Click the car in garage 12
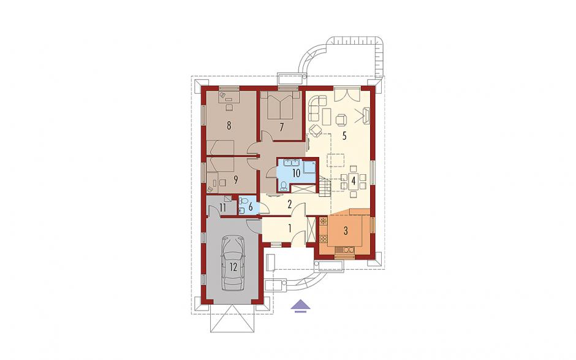(233, 263)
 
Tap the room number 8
(229, 126)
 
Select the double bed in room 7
(281, 105)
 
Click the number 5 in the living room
(344, 136)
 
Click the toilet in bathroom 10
(283, 186)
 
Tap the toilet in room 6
(243, 201)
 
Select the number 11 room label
(222, 208)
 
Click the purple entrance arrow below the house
(300, 306)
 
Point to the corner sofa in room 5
(316, 107)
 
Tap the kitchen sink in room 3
(347, 250)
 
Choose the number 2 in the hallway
(289, 204)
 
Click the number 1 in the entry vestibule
(289, 229)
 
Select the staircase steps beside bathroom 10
(325, 186)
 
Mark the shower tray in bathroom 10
(309, 167)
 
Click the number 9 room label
(235, 180)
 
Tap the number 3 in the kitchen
(346, 231)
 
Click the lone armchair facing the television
(341, 119)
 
